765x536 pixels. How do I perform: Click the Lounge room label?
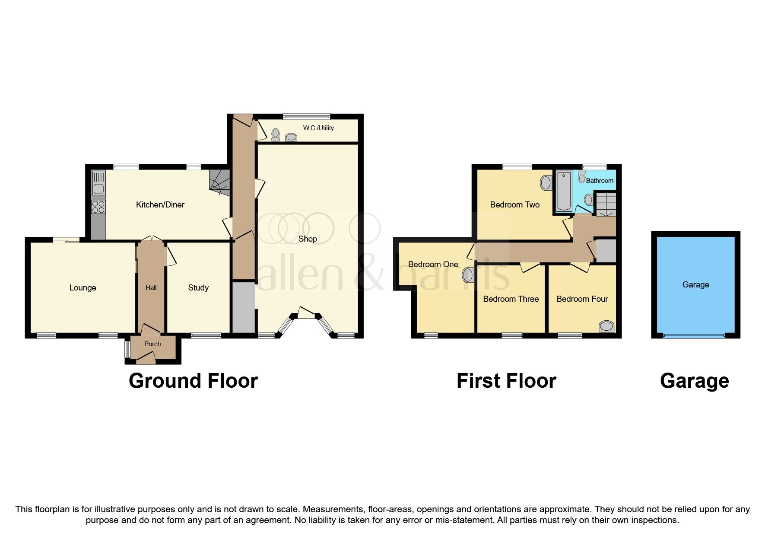(83, 288)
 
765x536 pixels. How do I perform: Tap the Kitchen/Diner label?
(160, 205)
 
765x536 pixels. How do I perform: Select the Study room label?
(198, 288)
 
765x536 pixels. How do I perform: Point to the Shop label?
(308, 239)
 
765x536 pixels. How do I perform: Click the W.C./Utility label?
(318, 128)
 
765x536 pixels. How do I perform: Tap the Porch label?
(152, 344)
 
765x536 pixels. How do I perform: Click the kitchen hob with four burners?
(98, 207)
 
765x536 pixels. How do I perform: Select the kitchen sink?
(99, 183)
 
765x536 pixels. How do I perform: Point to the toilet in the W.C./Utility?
(276, 136)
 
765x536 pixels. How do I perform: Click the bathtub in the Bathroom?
(564, 191)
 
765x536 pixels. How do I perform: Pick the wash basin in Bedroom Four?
(606, 326)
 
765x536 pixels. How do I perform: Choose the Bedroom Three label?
(511, 299)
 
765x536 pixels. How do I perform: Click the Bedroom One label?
(433, 265)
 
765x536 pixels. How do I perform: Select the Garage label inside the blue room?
(696, 285)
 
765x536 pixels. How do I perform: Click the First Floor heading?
(506, 381)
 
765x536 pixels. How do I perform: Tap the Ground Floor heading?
(194, 381)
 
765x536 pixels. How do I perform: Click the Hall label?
(151, 288)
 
